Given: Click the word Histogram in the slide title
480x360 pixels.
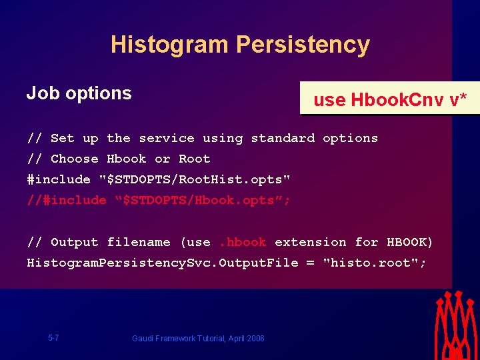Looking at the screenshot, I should (169, 45).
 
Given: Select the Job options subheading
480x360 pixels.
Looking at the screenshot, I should (79, 93).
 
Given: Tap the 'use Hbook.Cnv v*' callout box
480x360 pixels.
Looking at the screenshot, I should (390, 99).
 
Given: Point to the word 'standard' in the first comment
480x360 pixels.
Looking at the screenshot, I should (283, 139).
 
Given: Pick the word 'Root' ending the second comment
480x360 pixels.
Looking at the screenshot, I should (194, 159).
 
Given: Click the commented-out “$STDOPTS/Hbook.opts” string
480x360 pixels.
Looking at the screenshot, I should (203, 201).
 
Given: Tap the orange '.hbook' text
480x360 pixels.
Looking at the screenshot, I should (243, 243).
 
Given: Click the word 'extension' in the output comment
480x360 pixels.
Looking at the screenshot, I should (310, 243).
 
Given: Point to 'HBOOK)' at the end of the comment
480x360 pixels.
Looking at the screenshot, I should (410, 243).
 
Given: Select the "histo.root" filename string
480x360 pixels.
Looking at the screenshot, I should (374, 263).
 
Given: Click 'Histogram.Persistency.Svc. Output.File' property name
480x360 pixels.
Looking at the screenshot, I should (162, 263).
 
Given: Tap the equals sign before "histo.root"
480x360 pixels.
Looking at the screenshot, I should (310, 263).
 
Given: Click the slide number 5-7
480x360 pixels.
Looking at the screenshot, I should (53, 338).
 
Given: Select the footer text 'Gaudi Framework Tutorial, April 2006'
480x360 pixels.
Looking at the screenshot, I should (198, 339).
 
